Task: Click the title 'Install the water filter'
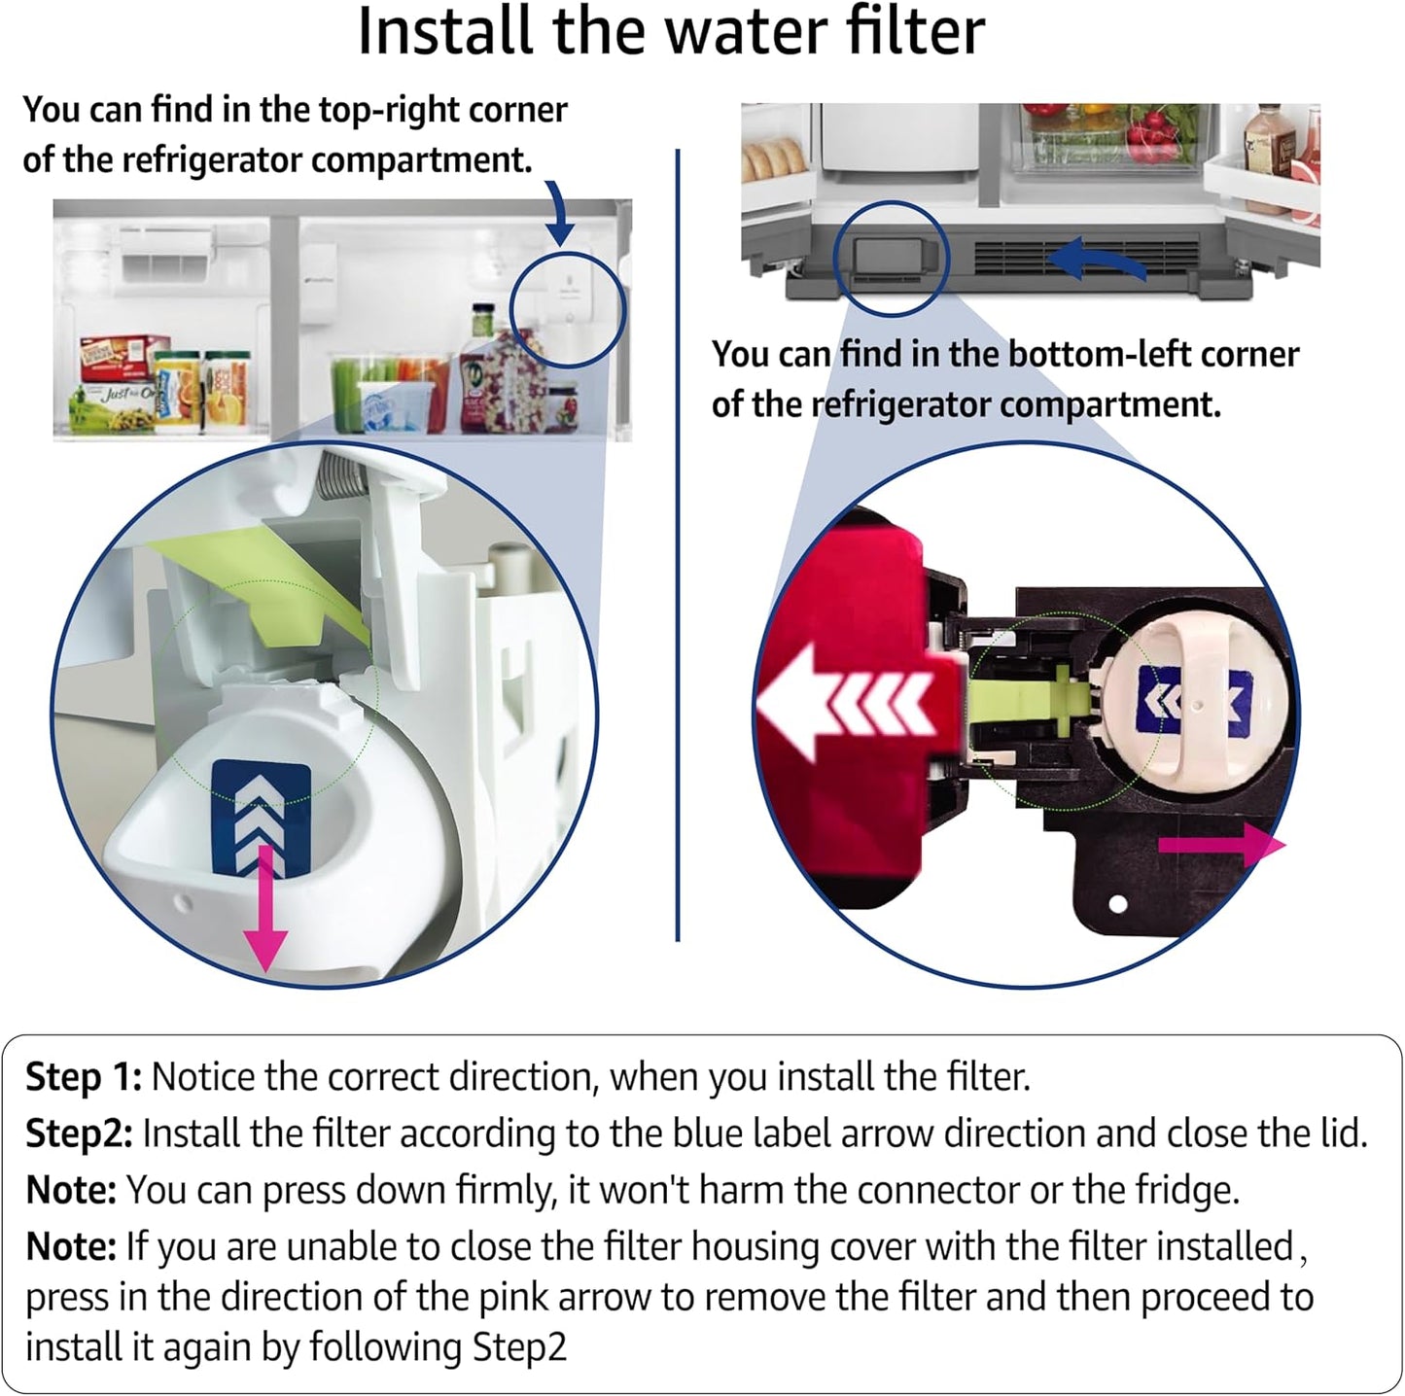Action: [671, 33]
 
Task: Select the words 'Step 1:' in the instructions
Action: [84, 1077]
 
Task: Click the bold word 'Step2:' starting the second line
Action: [78, 1134]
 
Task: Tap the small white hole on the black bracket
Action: [1117, 903]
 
